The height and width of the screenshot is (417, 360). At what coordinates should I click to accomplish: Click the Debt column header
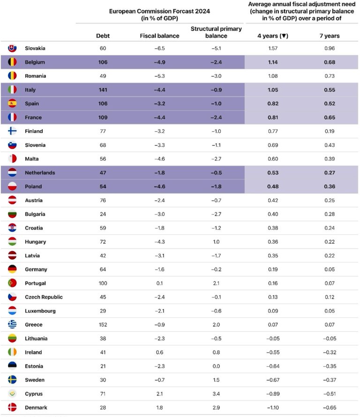coord(103,36)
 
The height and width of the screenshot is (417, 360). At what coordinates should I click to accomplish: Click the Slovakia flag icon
coord(13,48)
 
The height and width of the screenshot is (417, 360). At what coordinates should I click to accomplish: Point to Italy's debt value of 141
coord(103,90)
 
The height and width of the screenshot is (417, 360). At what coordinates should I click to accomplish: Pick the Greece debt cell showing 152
coord(103,325)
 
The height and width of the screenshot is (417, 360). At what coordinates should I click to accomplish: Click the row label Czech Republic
coord(44,297)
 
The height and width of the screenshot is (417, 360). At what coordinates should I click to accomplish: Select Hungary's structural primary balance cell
coord(216,242)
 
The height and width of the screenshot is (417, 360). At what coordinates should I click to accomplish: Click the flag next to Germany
coord(13,269)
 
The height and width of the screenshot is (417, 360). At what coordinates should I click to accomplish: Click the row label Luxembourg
coord(40,311)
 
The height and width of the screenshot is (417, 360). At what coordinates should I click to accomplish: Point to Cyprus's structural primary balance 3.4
coord(216,394)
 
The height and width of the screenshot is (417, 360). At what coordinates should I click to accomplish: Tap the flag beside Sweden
coord(13,380)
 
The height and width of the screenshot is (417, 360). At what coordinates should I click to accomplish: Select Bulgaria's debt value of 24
coord(103,214)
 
